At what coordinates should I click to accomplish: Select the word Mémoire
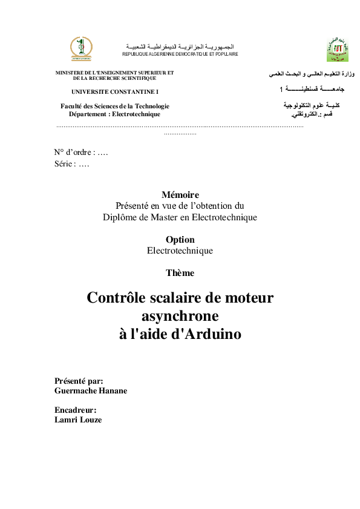[x=180, y=195]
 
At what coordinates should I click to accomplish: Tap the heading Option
[x=180, y=240]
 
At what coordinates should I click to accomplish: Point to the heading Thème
[x=180, y=273]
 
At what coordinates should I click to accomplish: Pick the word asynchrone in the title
[x=180, y=315]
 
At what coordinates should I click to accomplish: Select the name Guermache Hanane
[x=91, y=391]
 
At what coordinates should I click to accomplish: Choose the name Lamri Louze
[x=78, y=419]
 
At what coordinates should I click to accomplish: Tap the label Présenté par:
[x=79, y=381]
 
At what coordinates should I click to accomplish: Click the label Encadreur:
[x=76, y=410]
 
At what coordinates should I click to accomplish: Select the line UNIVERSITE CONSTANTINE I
[x=114, y=91]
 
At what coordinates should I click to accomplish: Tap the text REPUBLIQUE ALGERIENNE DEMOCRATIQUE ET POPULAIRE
[x=180, y=54]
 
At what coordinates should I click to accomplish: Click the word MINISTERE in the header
[x=68, y=73]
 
